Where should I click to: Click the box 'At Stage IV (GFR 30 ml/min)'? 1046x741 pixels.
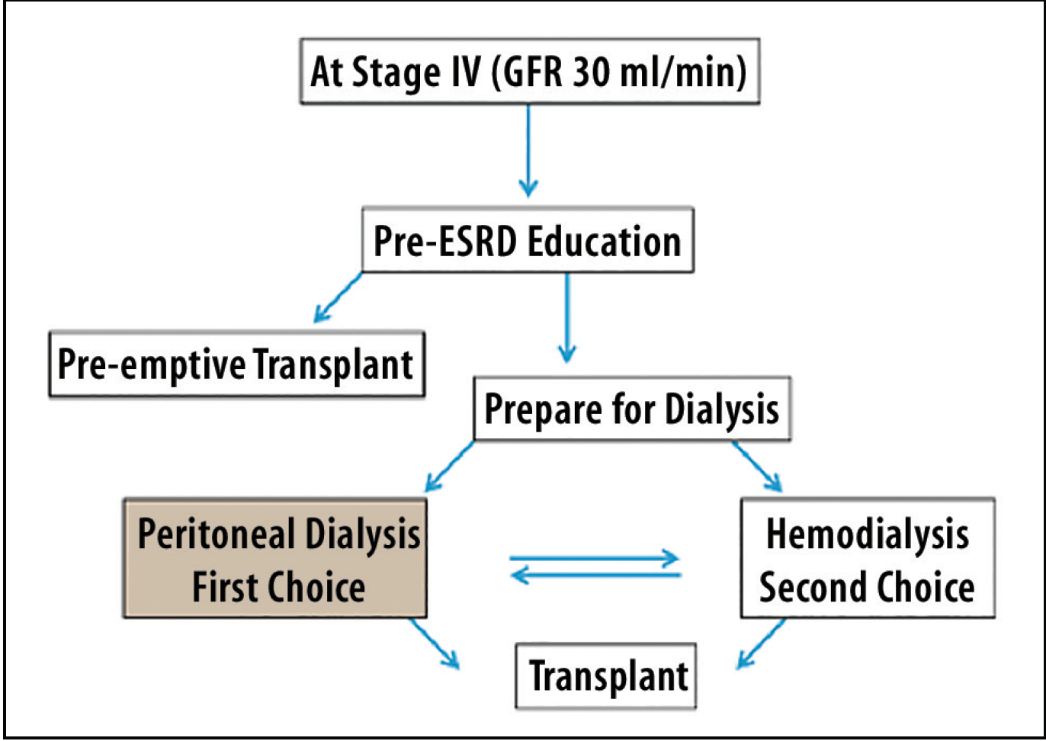pos(529,72)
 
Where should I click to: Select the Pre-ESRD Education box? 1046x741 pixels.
pos(528,240)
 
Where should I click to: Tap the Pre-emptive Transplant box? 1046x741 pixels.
pos(236,364)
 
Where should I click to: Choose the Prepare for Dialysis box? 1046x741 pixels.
pos(631,409)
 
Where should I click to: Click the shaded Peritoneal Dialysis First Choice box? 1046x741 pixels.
pos(275,559)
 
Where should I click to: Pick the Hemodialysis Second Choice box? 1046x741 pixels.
pos(867,559)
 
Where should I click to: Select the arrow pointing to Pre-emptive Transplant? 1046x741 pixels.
pos(338,298)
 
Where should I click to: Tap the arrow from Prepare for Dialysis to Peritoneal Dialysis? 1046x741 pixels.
pos(449,467)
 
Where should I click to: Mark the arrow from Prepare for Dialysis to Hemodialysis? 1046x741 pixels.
pos(757,467)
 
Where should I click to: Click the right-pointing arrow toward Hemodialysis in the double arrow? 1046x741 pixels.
pos(595,558)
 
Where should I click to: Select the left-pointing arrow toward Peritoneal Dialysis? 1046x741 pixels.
pos(595,574)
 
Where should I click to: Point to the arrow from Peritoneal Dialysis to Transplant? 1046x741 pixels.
pos(435,643)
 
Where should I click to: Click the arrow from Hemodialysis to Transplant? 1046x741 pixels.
pos(761,643)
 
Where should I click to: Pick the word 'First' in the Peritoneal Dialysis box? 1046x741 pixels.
pos(222,587)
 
